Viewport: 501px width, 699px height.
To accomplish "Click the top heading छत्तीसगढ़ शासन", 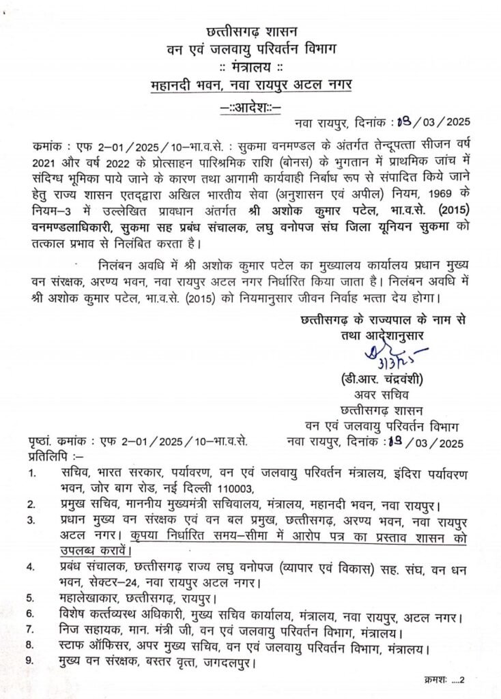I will [250, 31].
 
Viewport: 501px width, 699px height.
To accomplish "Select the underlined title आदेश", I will [251, 106].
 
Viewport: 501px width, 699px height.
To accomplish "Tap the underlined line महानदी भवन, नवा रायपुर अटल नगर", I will [250, 86].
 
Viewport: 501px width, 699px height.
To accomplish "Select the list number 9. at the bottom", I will [31, 661].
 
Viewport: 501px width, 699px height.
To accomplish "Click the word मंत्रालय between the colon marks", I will [250, 67].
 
